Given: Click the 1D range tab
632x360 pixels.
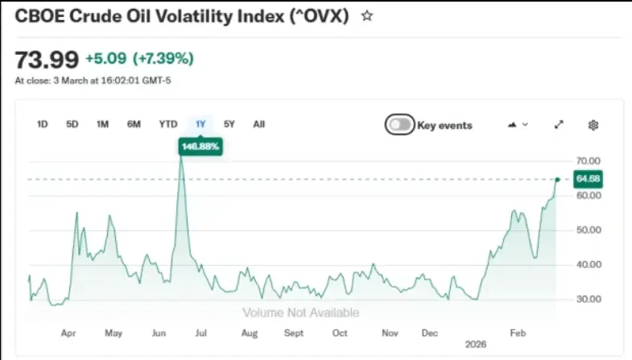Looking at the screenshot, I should pyautogui.click(x=43, y=124).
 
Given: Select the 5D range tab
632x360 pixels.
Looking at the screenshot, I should pyautogui.click(x=72, y=124).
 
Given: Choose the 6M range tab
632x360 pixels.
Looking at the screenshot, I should pyautogui.click(x=134, y=124).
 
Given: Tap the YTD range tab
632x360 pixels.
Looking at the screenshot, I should pyautogui.click(x=167, y=124).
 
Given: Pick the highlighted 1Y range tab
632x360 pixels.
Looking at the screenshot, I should pyautogui.click(x=200, y=124).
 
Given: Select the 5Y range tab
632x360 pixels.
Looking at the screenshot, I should pyautogui.click(x=229, y=124).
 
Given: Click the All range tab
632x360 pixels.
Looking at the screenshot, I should pyautogui.click(x=258, y=124).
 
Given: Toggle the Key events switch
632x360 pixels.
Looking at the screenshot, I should pyautogui.click(x=400, y=125).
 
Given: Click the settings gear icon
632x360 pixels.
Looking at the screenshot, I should pyautogui.click(x=593, y=125).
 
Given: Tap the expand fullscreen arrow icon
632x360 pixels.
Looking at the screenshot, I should pyautogui.click(x=559, y=125).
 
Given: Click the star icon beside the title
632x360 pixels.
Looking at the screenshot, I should pyautogui.click(x=367, y=16).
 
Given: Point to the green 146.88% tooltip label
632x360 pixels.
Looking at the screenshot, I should pyautogui.click(x=200, y=147).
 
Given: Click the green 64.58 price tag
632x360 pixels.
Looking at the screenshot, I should pyautogui.click(x=588, y=179).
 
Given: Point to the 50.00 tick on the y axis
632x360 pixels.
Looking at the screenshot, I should pyautogui.click(x=589, y=230).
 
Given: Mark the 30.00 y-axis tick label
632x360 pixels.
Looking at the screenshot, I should pyautogui.click(x=589, y=299).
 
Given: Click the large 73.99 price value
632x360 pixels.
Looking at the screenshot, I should pyautogui.click(x=47, y=59).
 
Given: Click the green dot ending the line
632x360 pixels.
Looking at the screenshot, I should pyautogui.click(x=557, y=179).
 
